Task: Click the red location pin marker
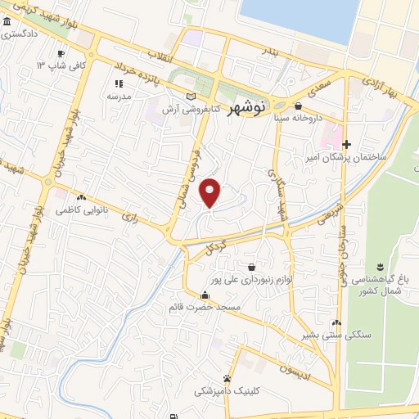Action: tap(211, 191)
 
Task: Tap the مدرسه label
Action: tap(119, 95)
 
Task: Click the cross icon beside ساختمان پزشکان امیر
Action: tap(346, 144)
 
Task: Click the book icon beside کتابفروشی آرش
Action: tap(191, 97)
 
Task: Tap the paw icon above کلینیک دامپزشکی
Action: tap(227, 378)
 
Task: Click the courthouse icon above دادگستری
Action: tap(8, 25)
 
